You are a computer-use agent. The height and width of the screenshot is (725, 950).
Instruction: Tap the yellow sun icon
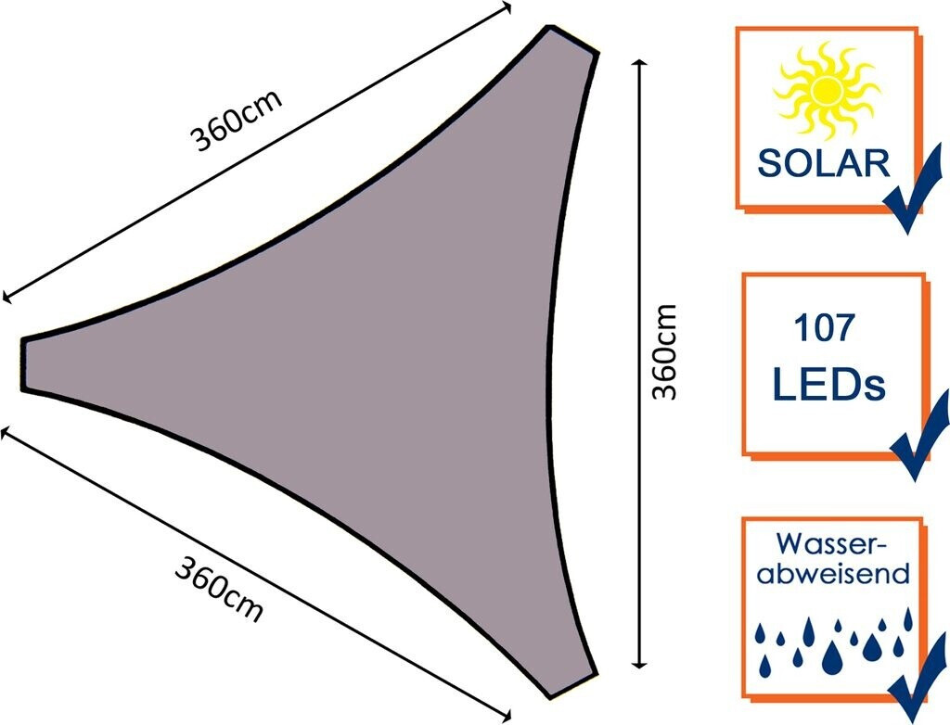point(826,91)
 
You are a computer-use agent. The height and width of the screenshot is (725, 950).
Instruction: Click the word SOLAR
point(824,163)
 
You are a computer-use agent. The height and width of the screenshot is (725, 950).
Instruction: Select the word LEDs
point(828,383)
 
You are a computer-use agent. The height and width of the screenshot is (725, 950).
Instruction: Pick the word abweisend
point(832,575)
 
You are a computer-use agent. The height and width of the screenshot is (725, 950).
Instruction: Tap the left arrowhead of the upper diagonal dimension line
point(6,298)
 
